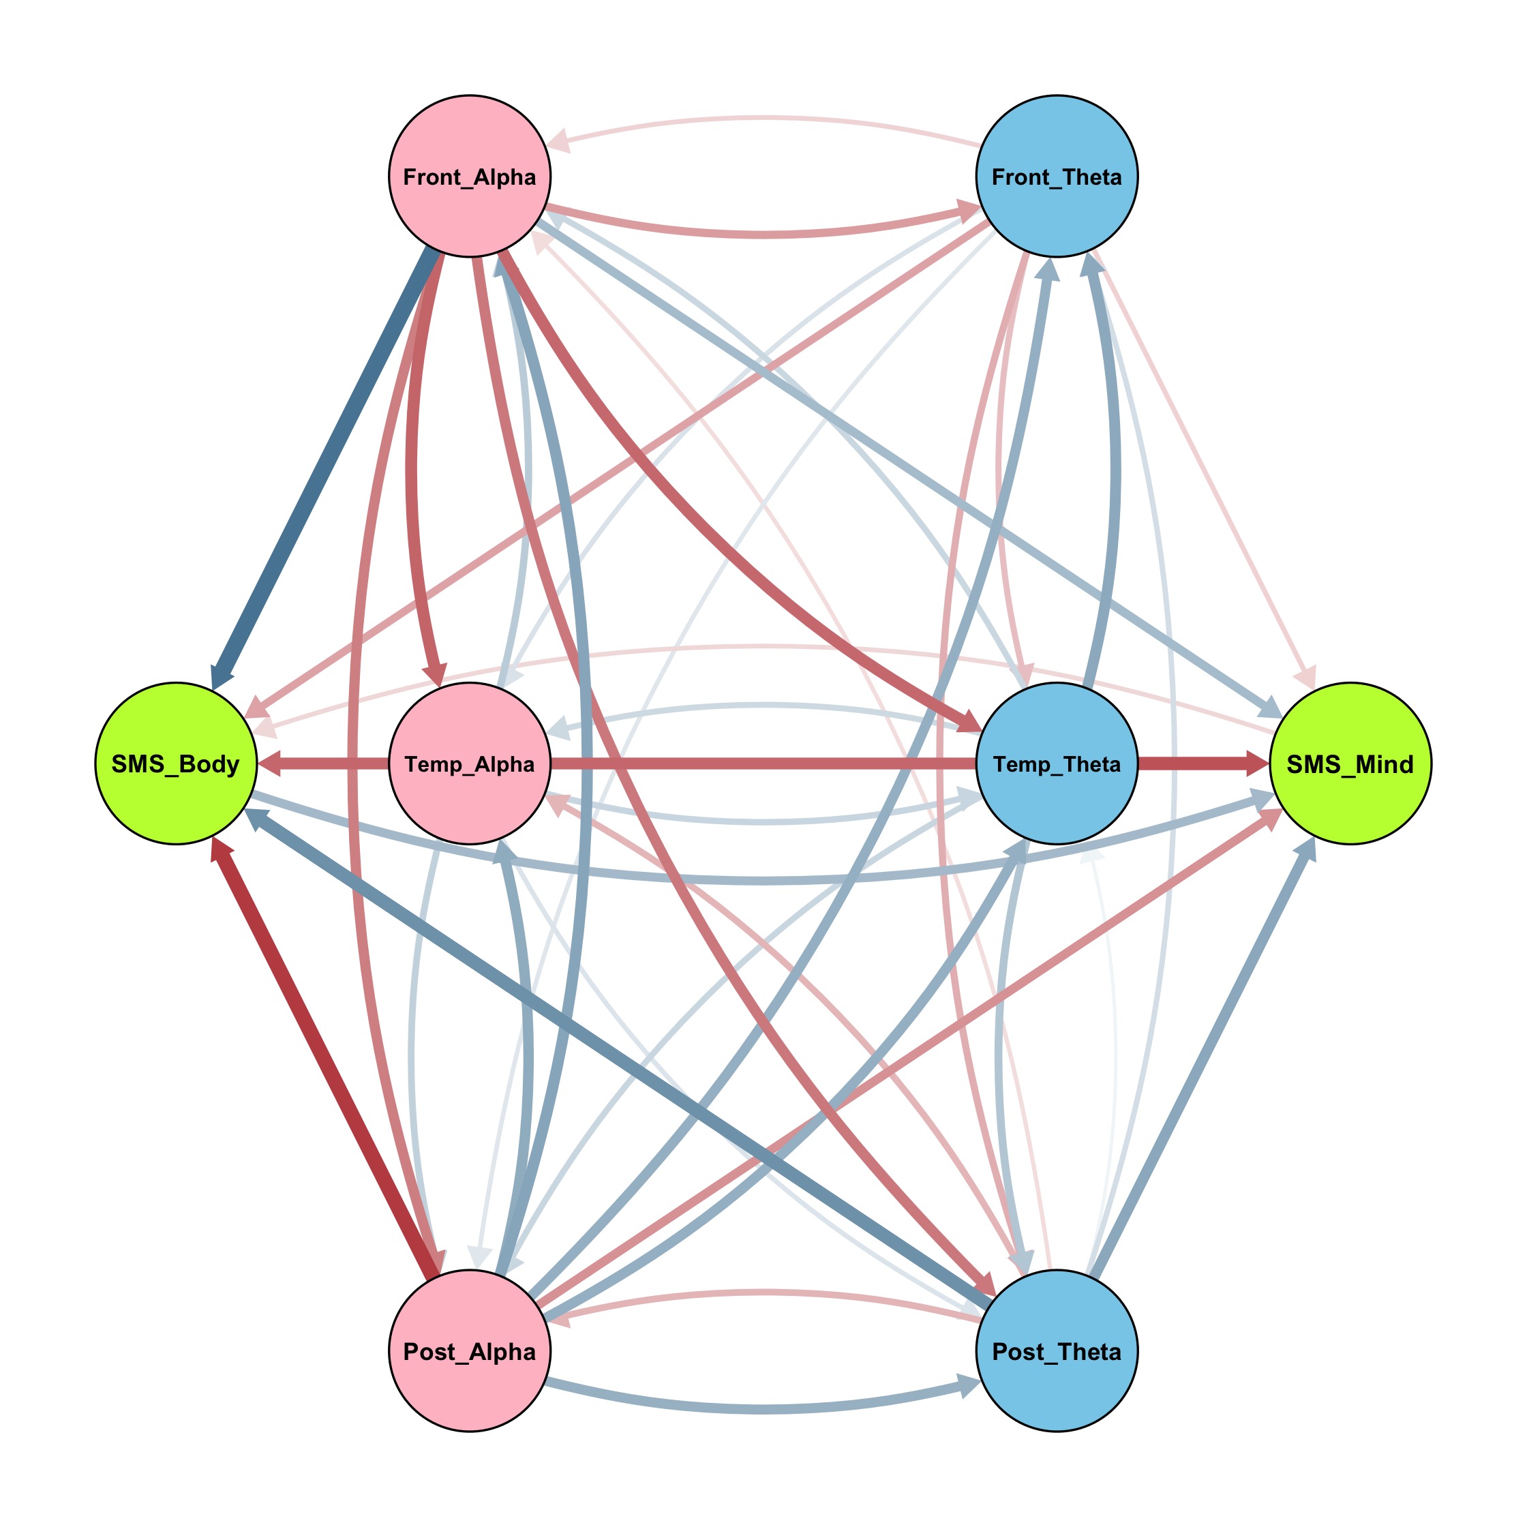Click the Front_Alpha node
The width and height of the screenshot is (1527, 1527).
(470, 177)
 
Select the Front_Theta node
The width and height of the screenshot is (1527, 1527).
(1057, 177)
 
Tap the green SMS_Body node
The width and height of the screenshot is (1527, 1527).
(175, 763)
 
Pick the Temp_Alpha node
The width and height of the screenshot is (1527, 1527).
(470, 763)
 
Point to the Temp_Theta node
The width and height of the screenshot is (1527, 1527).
(1057, 763)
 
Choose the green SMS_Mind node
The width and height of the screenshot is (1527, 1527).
(1350, 763)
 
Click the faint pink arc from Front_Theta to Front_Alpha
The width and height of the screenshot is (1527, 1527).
(763, 119)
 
